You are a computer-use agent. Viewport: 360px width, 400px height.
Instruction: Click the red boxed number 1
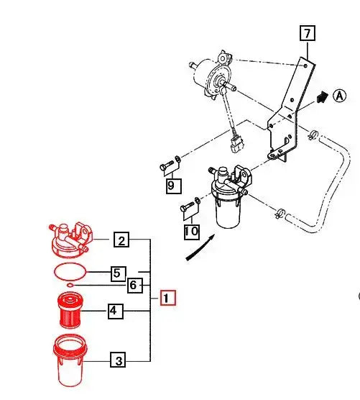click(x=166, y=297)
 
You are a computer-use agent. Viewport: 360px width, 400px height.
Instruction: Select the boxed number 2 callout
click(x=123, y=241)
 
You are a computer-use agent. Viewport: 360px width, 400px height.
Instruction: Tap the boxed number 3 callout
click(x=116, y=360)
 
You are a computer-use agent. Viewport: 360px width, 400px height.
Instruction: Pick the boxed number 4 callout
click(x=115, y=312)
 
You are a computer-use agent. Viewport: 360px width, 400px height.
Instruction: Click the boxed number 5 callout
click(x=118, y=273)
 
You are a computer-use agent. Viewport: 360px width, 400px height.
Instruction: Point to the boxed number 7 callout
click(x=307, y=33)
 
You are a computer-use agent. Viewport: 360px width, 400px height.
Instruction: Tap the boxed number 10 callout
click(x=190, y=231)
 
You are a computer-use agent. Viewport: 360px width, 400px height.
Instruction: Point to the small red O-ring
click(x=69, y=286)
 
